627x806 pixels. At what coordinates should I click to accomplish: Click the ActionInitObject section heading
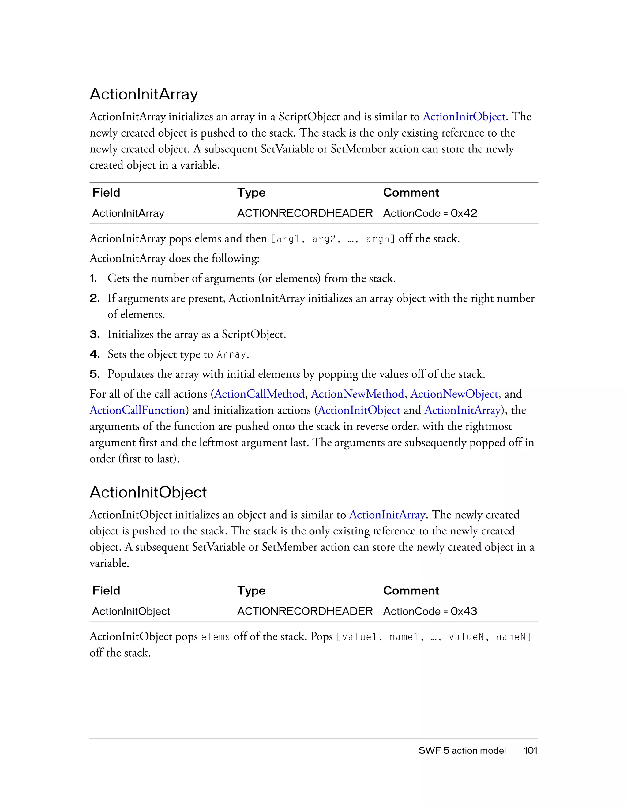[148, 492]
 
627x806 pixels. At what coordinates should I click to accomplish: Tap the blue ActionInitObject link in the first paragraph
[464, 117]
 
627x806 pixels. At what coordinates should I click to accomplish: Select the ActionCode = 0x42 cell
[430, 213]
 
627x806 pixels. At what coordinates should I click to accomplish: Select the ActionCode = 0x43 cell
[430, 612]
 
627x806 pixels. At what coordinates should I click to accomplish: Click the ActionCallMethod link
[259, 394]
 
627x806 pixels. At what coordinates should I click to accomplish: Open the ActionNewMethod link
[357, 394]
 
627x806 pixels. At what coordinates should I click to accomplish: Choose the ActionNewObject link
[454, 394]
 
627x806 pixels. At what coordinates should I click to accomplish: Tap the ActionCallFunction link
[137, 410]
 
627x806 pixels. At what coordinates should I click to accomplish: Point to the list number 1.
[93, 279]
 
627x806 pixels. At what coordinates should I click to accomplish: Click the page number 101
[530, 751]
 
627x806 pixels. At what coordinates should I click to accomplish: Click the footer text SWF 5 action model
[462, 751]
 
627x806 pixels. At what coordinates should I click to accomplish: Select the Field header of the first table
[106, 193]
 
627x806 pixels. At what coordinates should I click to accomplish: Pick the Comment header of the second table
[411, 591]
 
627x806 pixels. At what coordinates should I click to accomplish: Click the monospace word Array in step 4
[231, 355]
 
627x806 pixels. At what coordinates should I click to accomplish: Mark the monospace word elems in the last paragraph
[215, 637]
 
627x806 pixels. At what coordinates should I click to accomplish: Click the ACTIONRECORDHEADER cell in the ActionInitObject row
[305, 612]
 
